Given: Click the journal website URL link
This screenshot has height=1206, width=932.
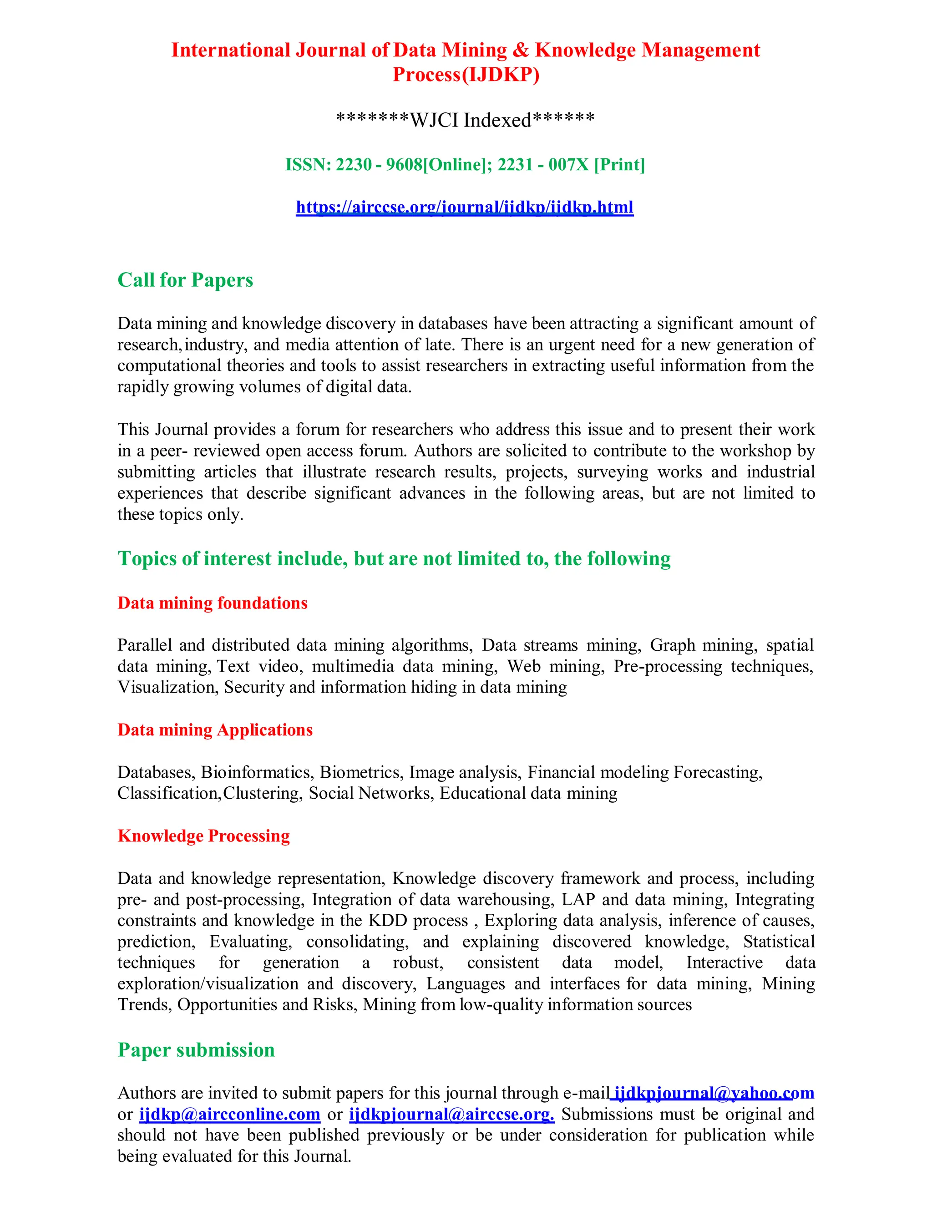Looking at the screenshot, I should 464,207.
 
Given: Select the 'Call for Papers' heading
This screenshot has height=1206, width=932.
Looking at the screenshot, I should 185,280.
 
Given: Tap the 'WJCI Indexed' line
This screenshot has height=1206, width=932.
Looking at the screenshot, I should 466,119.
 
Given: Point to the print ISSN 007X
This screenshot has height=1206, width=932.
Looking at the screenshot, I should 569,165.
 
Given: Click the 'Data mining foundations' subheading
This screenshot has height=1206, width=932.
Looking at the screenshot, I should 212,603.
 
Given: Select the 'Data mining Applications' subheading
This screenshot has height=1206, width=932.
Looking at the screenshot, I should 215,730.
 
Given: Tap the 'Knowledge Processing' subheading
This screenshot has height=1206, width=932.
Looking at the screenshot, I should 203,836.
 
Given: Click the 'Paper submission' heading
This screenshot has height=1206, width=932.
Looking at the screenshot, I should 196,1050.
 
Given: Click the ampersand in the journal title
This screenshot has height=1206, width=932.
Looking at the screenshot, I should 520,50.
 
